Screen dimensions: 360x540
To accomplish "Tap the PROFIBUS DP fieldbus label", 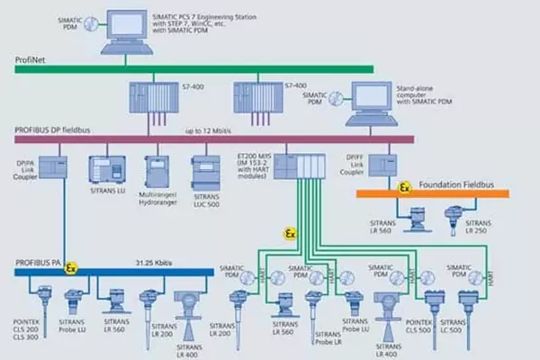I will pos(53,130).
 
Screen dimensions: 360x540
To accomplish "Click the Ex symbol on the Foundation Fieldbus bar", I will pos(405,189).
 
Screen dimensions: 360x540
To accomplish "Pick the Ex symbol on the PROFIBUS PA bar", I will pos(72,267).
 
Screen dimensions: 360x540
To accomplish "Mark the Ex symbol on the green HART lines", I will pos(290,233).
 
